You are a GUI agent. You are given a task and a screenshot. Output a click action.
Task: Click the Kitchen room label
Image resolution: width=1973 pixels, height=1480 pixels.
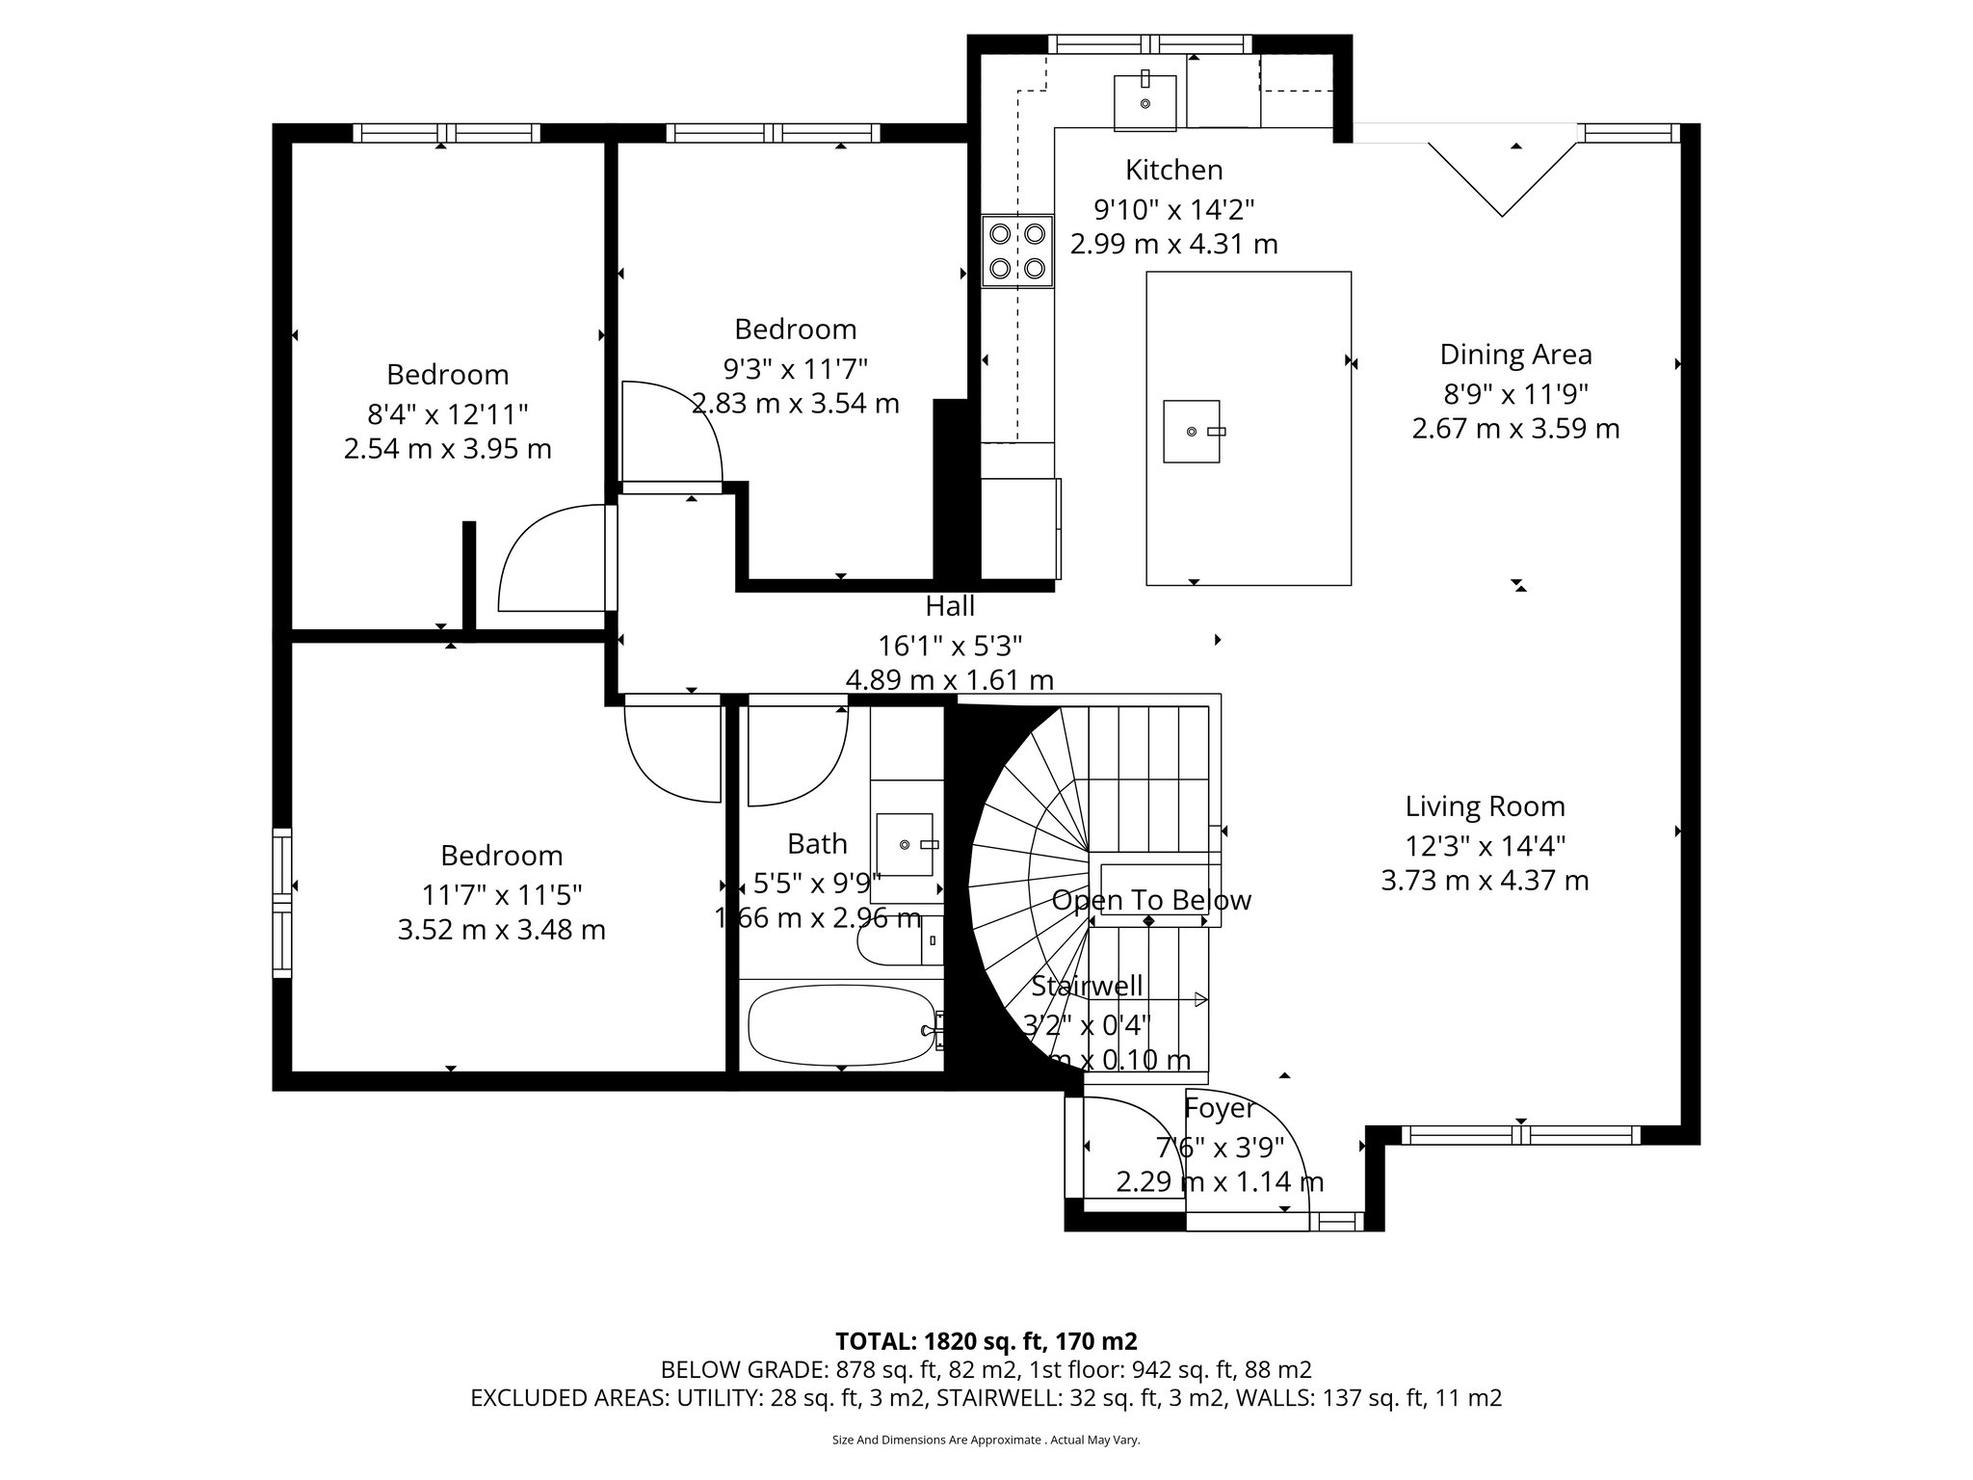coord(1173,171)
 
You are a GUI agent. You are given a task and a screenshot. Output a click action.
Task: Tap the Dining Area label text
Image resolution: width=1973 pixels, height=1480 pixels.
coord(1515,355)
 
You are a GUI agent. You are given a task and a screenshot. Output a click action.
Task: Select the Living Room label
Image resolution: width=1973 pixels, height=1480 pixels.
coord(1485,806)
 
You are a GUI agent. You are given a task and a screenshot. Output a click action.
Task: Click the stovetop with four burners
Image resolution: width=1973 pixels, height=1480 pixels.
coord(1017,251)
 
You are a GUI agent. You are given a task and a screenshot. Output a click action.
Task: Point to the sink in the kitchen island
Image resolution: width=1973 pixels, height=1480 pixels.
coord(1192,432)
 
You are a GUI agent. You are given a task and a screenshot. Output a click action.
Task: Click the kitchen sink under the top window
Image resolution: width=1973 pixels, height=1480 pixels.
coord(1145,101)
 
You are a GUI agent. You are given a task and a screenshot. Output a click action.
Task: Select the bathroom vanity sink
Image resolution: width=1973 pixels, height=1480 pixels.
coord(906,845)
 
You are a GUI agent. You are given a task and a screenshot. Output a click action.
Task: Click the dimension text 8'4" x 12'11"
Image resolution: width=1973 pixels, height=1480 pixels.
coord(448,414)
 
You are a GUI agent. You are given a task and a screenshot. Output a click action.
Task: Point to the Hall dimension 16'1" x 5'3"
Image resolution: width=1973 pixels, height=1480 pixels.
coord(950,645)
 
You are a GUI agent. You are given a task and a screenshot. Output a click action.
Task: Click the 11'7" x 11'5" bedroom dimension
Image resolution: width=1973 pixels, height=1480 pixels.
coord(502,895)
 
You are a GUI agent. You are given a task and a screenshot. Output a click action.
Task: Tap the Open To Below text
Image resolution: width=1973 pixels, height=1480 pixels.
coord(1151,901)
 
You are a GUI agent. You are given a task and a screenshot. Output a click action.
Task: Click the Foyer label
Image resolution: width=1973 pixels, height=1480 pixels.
coord(1220,1108)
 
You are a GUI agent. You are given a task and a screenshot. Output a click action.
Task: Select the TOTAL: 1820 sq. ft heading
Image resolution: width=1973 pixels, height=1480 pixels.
coord(986,1341)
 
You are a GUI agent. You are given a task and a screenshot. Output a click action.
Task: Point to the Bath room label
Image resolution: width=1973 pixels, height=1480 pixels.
coord(817,844)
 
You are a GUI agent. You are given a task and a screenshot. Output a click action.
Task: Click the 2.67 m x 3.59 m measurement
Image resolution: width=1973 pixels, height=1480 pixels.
coord(1515,429)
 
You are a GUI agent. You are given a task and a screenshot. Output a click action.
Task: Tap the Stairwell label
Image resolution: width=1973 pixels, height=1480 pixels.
coord(1087,986)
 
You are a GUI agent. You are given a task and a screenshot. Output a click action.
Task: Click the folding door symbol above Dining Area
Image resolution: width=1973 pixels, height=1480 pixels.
coord(1502,178)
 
